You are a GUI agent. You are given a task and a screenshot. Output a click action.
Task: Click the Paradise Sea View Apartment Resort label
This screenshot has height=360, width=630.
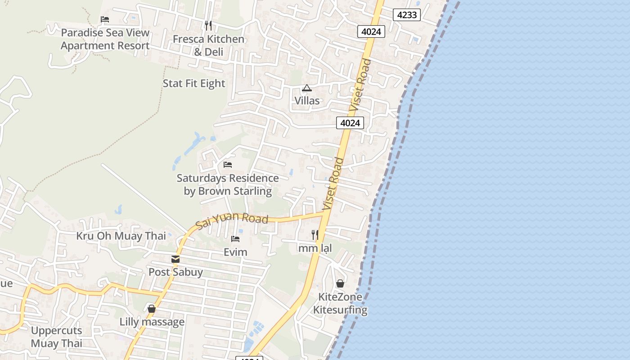pyautogui.click(x=105, y=39)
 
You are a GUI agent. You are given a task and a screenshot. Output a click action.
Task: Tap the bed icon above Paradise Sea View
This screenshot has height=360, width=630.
pyautogui.click(x=105, y=19)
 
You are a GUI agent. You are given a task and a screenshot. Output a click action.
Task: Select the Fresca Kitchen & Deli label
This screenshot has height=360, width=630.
pyautogui.click(x=208, y=45)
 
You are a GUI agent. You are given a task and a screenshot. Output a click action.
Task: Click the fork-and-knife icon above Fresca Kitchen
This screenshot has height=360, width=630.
pyautogui.click(x=208, y=25)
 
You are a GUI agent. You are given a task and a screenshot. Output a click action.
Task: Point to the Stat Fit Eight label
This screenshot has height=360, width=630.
pyautogui.click(x=193, y=83)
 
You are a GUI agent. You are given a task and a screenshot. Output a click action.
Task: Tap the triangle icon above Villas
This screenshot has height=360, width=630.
pyautogui.click(x=307, y=88)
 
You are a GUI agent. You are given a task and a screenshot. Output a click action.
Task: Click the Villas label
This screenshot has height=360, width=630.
pyautogui.click(x=307, y=100)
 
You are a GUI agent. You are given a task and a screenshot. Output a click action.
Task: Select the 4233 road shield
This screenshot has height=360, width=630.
pyautogui.click(x=407, y=15)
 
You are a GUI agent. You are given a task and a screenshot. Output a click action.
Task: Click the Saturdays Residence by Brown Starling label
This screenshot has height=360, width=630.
pyautogui.click(x=228, y=184)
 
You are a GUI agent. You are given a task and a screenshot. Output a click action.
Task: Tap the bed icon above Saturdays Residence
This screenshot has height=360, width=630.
pyautogui.click(x=228, y=165)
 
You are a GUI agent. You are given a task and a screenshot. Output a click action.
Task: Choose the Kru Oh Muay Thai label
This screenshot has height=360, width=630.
pyautogui.click(x=121, y=236)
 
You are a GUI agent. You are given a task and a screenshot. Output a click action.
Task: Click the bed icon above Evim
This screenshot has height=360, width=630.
pyautogui.click(x=235, y=239)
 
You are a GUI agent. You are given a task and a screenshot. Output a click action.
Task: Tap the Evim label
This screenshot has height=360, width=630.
pyautogui.click(x=235, y=252)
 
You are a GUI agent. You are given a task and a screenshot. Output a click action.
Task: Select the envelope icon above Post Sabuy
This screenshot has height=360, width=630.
pyautogui.click(x=175, y=259)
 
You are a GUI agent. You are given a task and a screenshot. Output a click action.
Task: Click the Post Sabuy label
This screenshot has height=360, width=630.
pyautogui.click(x=175, y=272)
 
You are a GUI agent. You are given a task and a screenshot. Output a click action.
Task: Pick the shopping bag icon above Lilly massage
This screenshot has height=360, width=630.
pyautogui.click(x=152, y=309)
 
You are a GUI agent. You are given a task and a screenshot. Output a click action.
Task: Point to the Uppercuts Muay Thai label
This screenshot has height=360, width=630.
pyautogui.click(x=57, y=337)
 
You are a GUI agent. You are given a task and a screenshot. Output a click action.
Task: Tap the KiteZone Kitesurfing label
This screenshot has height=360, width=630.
pyautogui.click(x=340, y=303)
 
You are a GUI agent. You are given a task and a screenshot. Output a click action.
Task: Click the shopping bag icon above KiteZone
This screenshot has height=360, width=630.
pyautogui.click(x=340, y=283)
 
